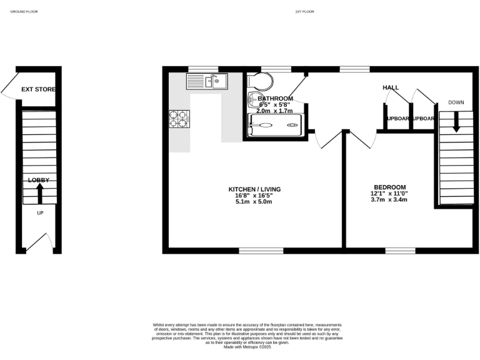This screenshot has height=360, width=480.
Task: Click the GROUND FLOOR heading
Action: tap(24, 11)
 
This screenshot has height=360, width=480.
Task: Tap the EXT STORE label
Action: tap(38, 89)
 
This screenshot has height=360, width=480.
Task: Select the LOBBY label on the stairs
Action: tap(38, 180)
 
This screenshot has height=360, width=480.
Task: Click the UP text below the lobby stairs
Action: tap(40, 213)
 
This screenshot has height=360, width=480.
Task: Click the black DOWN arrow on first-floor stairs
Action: tap(456, 121)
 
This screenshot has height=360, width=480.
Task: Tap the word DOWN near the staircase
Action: tap(456, 102)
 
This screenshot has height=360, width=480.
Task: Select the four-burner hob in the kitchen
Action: tap(178, 119)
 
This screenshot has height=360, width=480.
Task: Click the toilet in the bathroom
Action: tap(259, 81)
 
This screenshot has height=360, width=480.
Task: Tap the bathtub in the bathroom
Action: tap(276, 125)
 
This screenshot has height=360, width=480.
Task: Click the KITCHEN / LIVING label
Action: tap(254, 189)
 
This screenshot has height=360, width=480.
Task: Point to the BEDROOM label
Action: tap(389, 187)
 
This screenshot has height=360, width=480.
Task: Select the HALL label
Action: tap(391, 88)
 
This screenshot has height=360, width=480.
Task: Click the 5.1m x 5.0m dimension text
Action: tap(254, 202)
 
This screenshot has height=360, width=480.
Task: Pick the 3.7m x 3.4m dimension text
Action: tap(389, 200)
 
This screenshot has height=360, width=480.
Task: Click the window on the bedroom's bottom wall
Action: tap(400, 251)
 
